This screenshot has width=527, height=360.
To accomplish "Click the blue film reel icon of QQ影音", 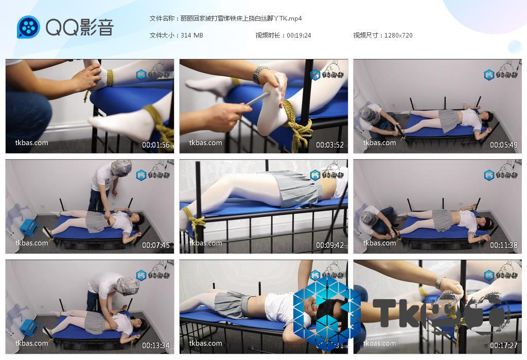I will [28, 27].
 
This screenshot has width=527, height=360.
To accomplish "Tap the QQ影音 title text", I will [80, 27].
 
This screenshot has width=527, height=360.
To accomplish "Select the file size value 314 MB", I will [192, 35].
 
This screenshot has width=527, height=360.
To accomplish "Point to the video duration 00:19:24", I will [299, 35].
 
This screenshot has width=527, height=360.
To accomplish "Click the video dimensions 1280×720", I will [398, 35].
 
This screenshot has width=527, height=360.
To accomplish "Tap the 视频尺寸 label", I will [367, 35].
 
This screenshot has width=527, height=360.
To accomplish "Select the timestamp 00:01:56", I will [156, 145].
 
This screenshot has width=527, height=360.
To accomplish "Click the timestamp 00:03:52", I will [330, 145].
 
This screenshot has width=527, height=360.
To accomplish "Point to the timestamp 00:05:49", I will [504, 145].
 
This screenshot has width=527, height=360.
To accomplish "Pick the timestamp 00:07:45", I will [156, 245].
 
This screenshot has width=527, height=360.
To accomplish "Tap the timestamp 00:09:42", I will [330, 245].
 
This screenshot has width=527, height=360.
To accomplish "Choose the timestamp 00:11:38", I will [504, 245].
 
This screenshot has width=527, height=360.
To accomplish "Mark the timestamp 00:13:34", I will [156, 346].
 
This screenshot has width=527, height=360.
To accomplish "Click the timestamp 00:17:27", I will [504, 346].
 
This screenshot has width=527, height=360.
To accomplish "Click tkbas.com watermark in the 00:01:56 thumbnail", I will [32, 143].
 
